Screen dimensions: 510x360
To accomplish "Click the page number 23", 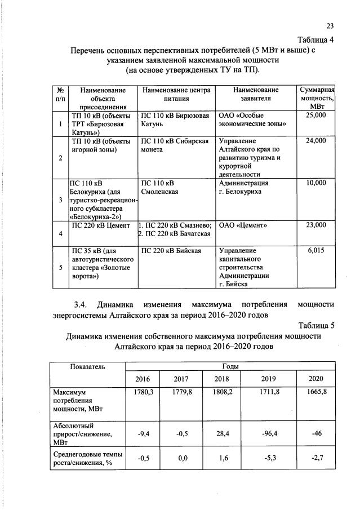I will coord(330,26).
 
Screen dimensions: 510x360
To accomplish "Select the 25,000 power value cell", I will coord(315,115).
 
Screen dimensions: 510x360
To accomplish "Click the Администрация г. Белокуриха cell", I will coord(243,187).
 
